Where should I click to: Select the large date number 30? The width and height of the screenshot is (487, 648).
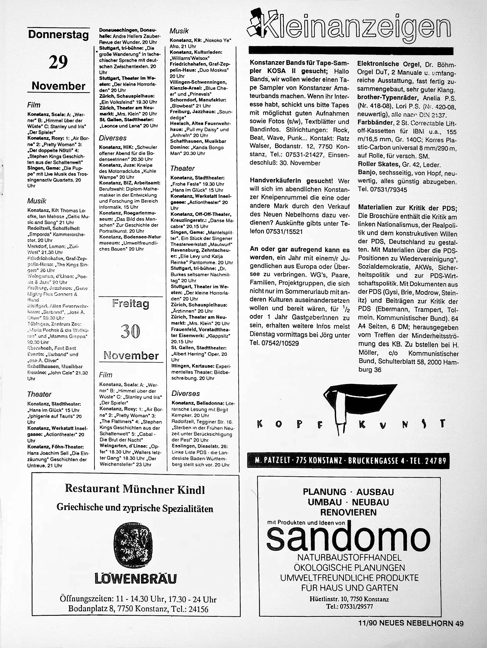(130, 331)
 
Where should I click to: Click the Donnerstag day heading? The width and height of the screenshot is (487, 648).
(58, 35)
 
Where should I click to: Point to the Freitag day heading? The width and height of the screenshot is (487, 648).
(131, 304)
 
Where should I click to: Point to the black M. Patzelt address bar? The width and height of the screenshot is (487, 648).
(348, 461)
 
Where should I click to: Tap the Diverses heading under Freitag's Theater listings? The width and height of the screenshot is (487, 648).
(186, 393)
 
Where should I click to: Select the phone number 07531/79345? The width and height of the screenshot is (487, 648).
(382, 190)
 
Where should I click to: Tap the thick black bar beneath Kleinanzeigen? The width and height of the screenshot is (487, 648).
(351, 50)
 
